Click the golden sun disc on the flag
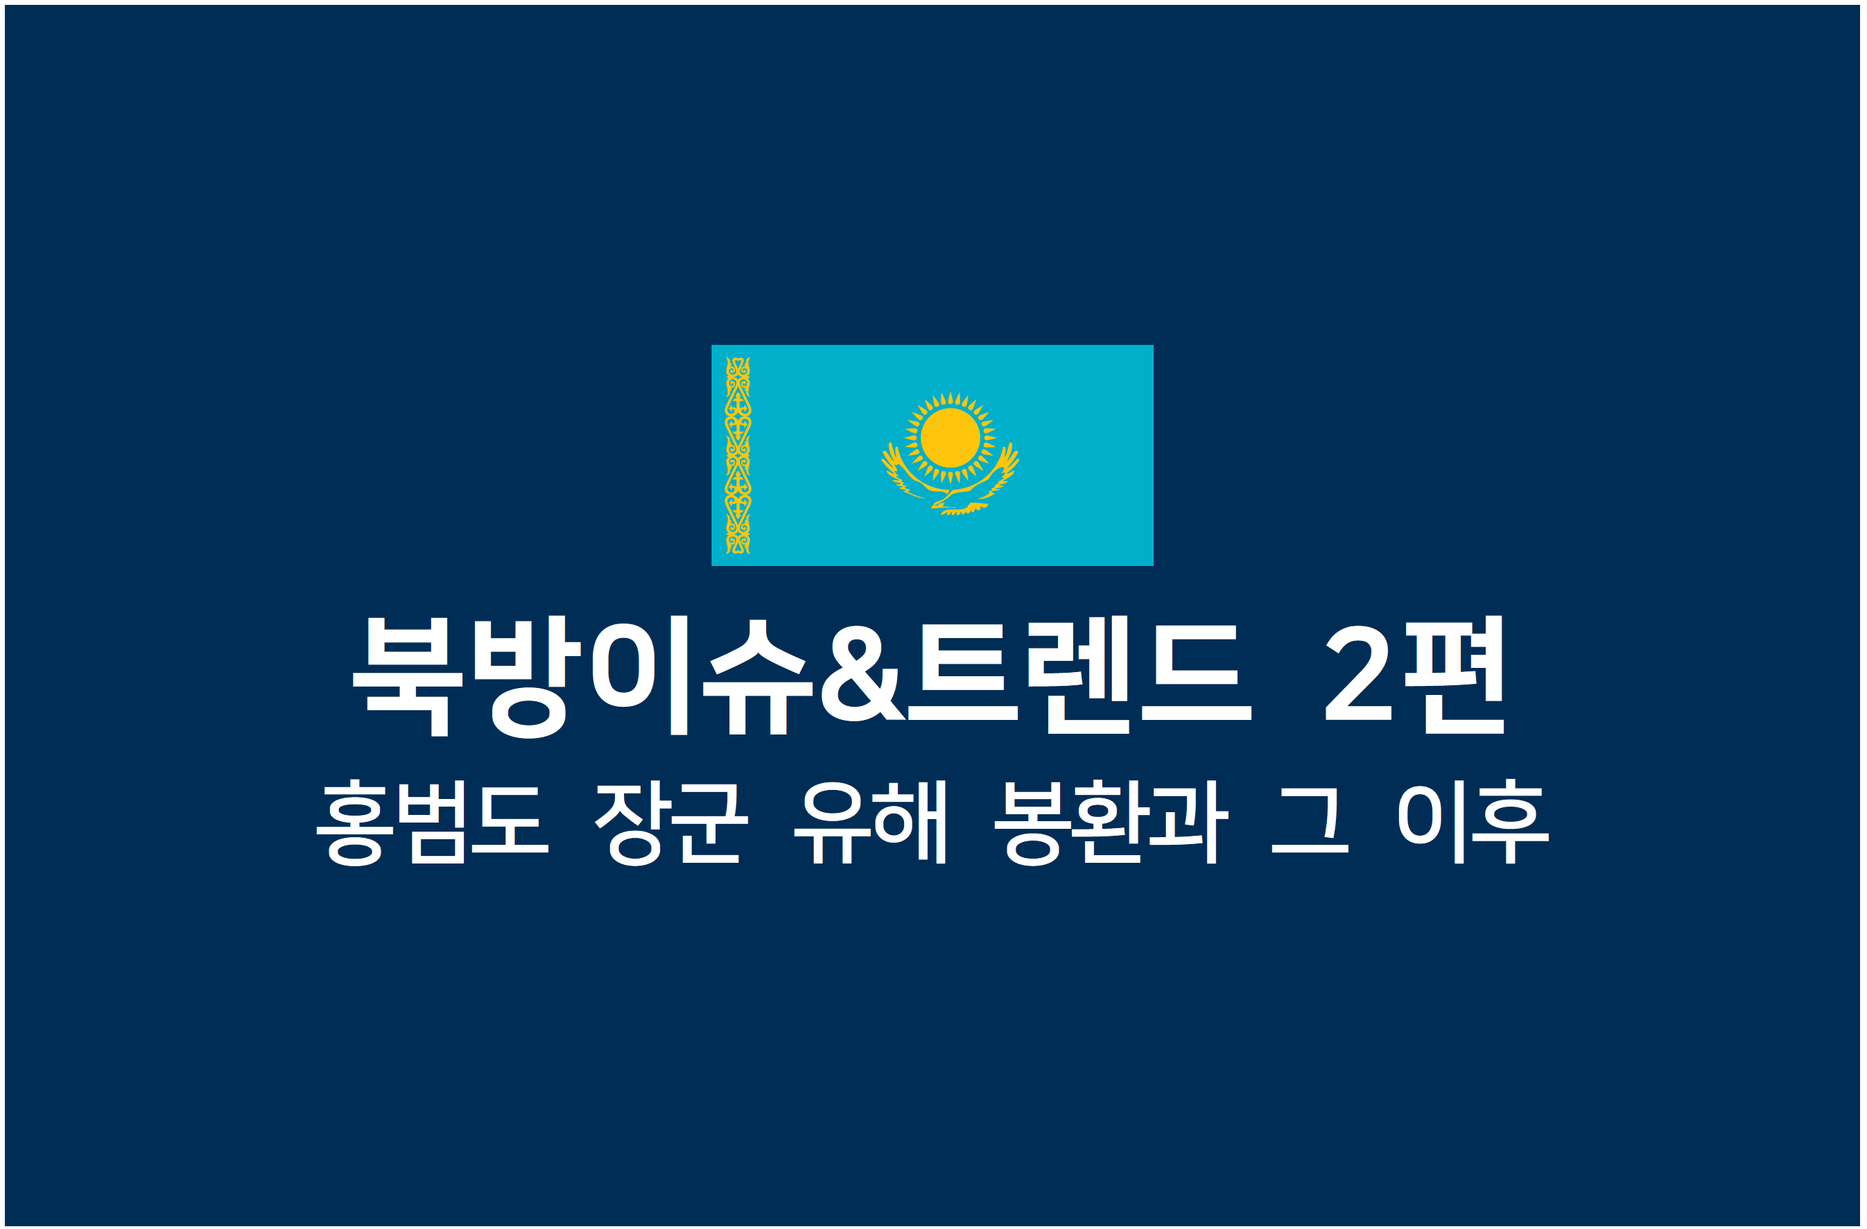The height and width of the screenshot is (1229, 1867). tap(950, 437)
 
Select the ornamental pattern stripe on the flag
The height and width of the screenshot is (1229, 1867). tap(738, 455)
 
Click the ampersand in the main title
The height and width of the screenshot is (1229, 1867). tap(863, 673)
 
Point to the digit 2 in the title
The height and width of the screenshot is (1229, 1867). tap(1358, 673)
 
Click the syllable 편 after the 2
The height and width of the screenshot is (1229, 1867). tap(1454, 674)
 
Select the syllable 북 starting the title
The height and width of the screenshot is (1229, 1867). tap(408, 676)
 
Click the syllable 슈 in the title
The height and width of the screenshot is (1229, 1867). tap(758, 676)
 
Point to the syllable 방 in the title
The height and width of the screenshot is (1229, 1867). tap(528, 676)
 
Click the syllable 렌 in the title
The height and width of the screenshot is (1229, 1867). tap(1079, 674)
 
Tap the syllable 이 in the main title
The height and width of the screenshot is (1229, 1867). tap(640, 675)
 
